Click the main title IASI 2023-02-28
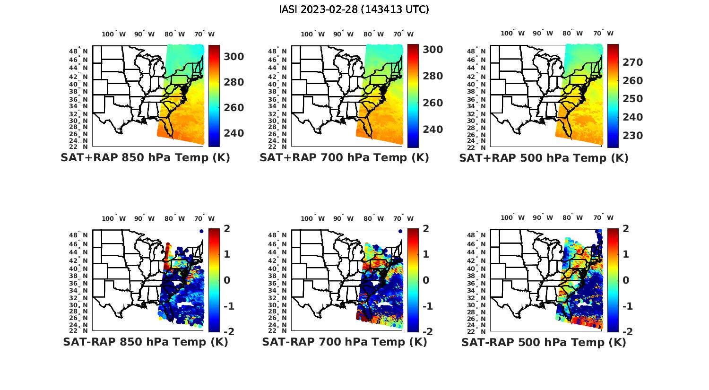pos(354,9)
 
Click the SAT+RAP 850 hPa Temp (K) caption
pos(145,158)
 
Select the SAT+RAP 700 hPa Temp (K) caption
pos(344,158)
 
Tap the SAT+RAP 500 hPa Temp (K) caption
pos(544,158)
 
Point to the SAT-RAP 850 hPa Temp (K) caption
pos(145,342)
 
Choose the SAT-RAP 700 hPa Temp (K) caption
pos(344,342)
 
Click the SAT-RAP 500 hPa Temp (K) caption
pos(544,342)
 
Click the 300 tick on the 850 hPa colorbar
pos(233,57)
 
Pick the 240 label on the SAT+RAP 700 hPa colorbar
pos(432,130)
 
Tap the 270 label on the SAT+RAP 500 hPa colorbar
pos(633,62)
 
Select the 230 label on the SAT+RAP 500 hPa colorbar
pos(633,136)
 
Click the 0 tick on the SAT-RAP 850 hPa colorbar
pos(226,280)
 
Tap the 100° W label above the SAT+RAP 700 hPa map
pos(312,34)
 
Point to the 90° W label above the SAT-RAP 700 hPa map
pos(343,218)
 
